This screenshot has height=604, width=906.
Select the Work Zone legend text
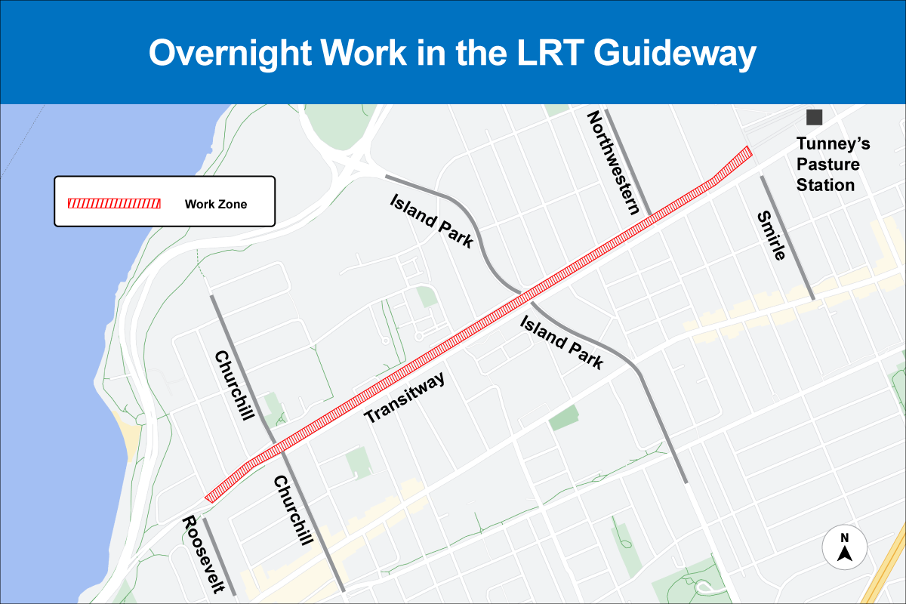[216, 204]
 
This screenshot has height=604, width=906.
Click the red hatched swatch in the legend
[114, 204]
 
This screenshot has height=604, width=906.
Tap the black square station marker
[814, 117]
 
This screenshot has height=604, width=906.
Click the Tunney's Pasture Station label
[827, 165]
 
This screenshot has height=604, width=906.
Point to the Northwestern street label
[615, 162]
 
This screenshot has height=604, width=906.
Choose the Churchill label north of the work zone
[232, 386]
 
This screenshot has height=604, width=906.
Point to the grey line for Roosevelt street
[219, 556]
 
